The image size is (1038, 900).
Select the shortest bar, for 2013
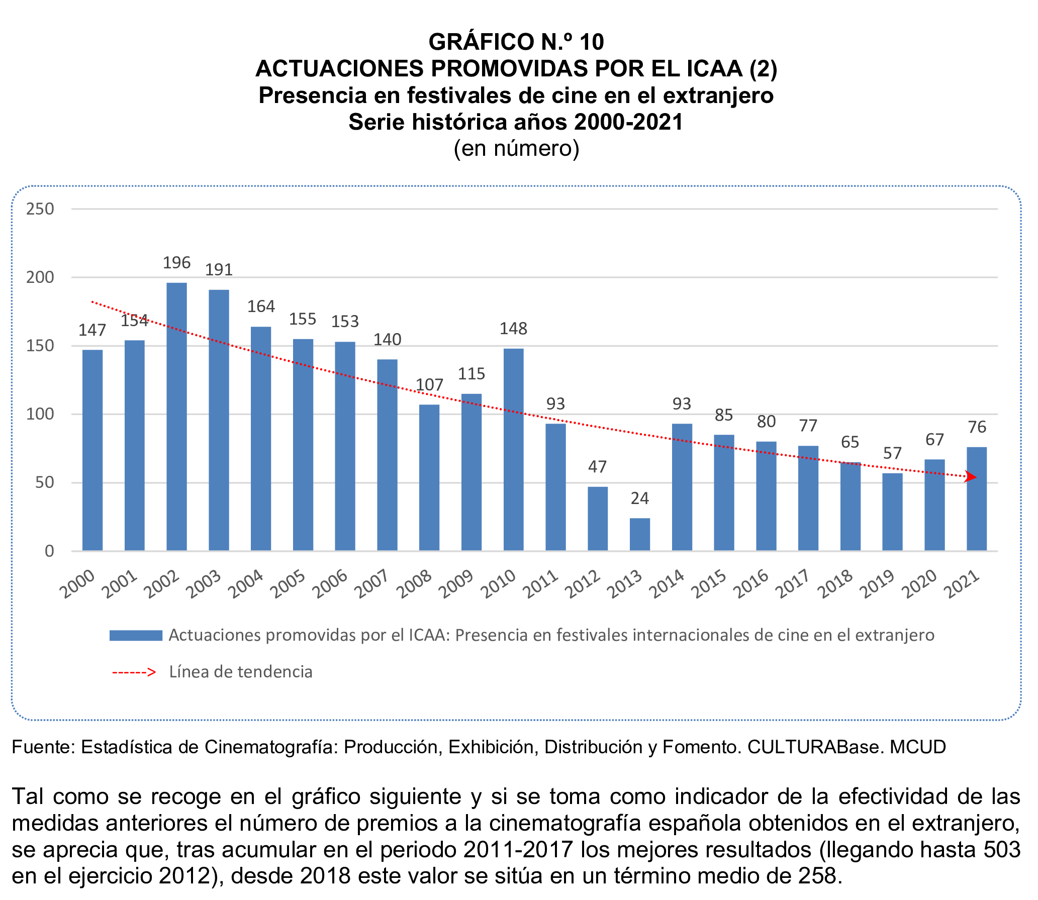point(639,534)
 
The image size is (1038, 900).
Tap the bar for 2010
point(513,449)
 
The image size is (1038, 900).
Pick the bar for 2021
point(976,498)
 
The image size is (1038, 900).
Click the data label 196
point(176,262)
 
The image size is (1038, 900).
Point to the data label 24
point(639,498)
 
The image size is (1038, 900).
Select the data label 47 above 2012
point(597,466)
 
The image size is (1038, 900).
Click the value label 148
point(513,329)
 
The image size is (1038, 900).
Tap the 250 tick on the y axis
point(40,209)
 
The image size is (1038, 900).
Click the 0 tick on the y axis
point(49,551)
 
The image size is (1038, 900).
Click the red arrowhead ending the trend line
point(970,477)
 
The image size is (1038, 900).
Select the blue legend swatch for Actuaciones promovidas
point(136,635)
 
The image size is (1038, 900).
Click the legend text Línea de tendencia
point(240,672)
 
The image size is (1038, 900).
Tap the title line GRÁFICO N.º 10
point(516,42)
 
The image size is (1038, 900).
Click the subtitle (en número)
point(516,148)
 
